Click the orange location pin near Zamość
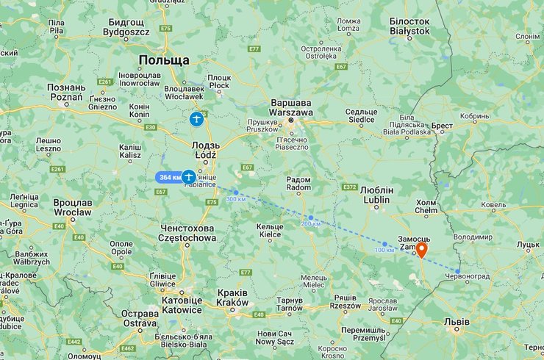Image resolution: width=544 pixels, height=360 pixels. pyautogui.click(x=421, y=249)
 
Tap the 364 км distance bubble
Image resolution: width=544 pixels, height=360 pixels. pyautogui.click(x=169, y=177)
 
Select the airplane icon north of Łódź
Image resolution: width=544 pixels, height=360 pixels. pyautogui.click(x=196, y=118)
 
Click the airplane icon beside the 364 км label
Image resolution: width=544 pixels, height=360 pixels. pyautogui.click(x=189, y=176)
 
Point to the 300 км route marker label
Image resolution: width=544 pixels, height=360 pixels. pyautogui.click(x=236, y=199)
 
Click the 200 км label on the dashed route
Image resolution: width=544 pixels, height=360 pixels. pyautogui.click(x=311, y=223)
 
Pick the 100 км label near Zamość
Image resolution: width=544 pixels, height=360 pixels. pyautogui.click(x=384, y=251)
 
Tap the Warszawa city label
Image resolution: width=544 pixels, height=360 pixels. pyautogui.click(x=291, y=107)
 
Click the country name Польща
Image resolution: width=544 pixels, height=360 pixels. pyautogui.click(x=164, y=60)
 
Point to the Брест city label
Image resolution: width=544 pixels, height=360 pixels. pyautogui.click(x=442, y=126)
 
